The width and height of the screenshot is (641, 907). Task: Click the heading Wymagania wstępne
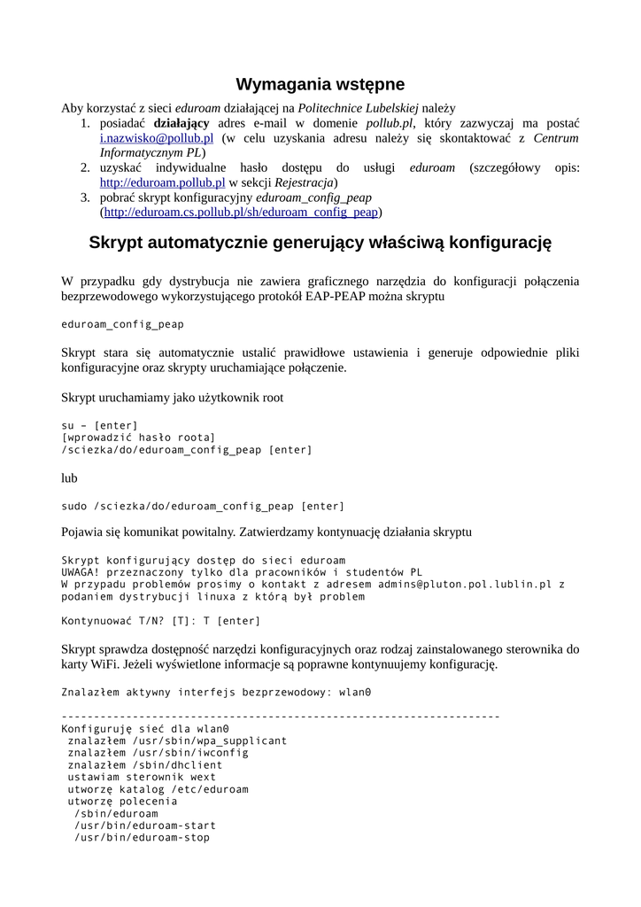320,84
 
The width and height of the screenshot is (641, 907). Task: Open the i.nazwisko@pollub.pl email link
156,139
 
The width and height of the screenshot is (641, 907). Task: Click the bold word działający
181,123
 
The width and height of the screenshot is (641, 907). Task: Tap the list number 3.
85,198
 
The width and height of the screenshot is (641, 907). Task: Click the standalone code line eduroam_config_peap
122,324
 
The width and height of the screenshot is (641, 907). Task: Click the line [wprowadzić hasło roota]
138,438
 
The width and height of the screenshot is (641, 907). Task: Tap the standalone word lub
69,478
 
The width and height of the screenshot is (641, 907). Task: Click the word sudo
74,506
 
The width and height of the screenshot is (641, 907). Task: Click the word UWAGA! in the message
81,572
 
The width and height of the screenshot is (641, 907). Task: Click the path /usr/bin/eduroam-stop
142,837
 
